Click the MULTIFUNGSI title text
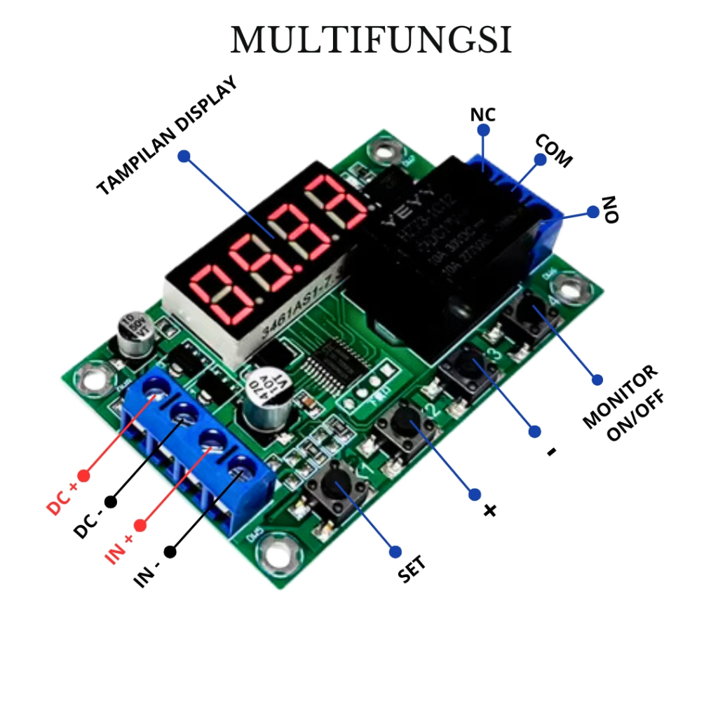(x=371, y=41)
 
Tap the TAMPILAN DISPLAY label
(x=167, y=136)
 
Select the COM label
(x=554, y=151)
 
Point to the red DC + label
(x=62, y=498)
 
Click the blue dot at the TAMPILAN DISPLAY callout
(x=184, y=156)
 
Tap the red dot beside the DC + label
(x=84, y=475)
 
